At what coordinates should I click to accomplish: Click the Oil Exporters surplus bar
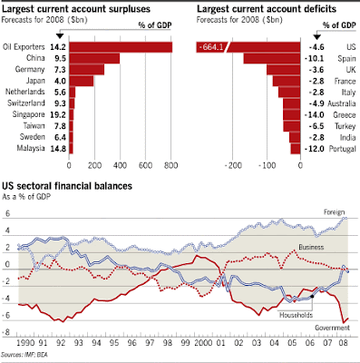pos(121,47)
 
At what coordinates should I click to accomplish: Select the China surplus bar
pos(94,58)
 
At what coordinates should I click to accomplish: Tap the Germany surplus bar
pos(87,70)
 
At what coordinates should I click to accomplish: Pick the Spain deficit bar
pos(272,58)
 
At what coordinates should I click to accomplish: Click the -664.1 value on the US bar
pos(211,47)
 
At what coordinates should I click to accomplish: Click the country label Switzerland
pos(26,103)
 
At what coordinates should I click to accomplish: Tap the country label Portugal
pos(343,149)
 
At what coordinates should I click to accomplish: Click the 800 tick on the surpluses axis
pos(171,165)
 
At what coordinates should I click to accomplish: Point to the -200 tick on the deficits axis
pos(233,165)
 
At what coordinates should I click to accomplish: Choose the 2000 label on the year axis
pos(203,343)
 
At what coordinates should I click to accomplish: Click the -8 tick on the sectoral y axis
pos(6,332)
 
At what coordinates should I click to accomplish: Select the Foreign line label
pos(334,212)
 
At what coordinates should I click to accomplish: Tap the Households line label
pos(296,315)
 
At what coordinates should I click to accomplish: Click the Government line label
pos(332,328)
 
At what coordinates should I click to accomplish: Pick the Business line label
pos(311,247)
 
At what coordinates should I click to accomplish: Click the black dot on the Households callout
pos(312,296)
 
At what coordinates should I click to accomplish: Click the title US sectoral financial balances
pos(67,186)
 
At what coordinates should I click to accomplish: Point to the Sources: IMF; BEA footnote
pos(24,355)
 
